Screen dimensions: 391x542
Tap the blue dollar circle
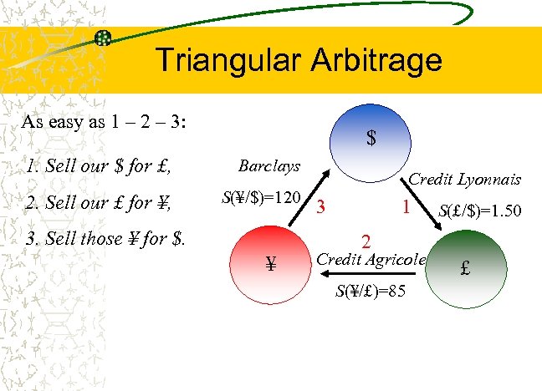370,138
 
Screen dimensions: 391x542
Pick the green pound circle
466,269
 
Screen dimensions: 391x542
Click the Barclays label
268,166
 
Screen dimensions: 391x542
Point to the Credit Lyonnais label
464,180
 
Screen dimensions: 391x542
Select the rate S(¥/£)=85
371,292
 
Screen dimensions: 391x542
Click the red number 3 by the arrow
320,207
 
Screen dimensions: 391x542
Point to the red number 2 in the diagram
366,241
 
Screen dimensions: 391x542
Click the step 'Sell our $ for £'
99,165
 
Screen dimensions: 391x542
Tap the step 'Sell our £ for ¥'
99,201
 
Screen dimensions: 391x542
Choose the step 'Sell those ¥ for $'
106,237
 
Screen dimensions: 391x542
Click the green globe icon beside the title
104,38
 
